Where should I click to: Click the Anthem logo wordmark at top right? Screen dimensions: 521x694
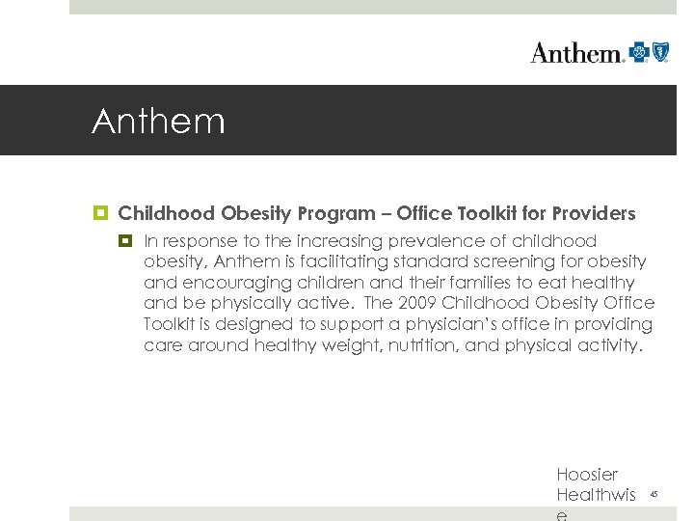(576, 53)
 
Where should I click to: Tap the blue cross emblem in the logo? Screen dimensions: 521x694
(639, 52)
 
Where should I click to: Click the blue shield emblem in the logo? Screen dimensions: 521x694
(660, 52)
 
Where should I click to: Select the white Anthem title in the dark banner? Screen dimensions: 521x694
(158, 123)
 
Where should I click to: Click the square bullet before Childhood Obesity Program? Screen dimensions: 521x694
(100, 213)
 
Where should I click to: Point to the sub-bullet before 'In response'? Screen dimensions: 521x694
(125, 241)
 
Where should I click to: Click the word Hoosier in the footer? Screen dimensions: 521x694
(587, 475)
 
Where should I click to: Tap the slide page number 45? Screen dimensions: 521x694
(654, 494)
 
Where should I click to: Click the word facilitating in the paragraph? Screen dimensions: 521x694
(330, 261)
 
